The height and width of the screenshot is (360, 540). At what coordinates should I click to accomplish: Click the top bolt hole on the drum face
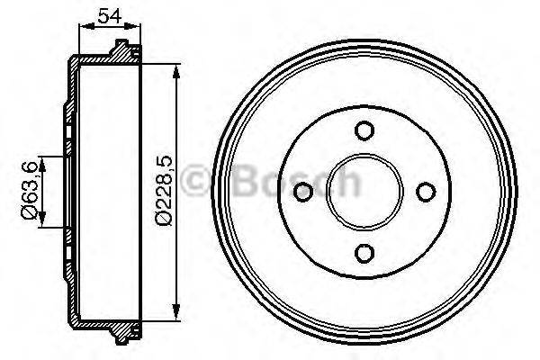[x=364, y=131]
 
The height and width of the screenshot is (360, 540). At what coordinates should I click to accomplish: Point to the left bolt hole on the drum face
[x=303, y=192]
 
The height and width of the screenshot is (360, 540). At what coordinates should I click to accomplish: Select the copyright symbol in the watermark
[x=197, y=183]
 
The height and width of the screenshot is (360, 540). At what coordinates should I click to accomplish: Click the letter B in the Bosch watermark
[x=244, y=183]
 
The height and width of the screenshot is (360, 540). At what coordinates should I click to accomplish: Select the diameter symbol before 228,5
[x=163, y=217]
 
